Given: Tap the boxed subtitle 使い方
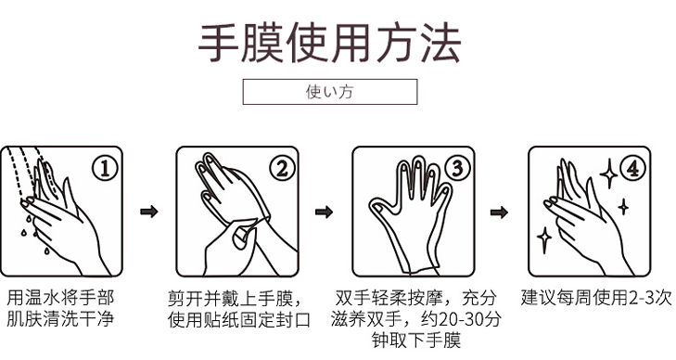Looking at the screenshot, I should coord(329,92).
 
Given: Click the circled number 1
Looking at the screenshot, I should coord(108,168).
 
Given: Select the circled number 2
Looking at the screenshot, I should coord(282,168).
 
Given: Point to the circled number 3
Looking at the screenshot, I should coord(457,168).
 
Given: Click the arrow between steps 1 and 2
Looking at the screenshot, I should coord(147,212).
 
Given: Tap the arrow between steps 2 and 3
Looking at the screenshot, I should coord(324,212).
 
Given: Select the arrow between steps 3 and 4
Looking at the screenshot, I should coord(499,212).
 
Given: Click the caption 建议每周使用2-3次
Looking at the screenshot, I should coord(595,298).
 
